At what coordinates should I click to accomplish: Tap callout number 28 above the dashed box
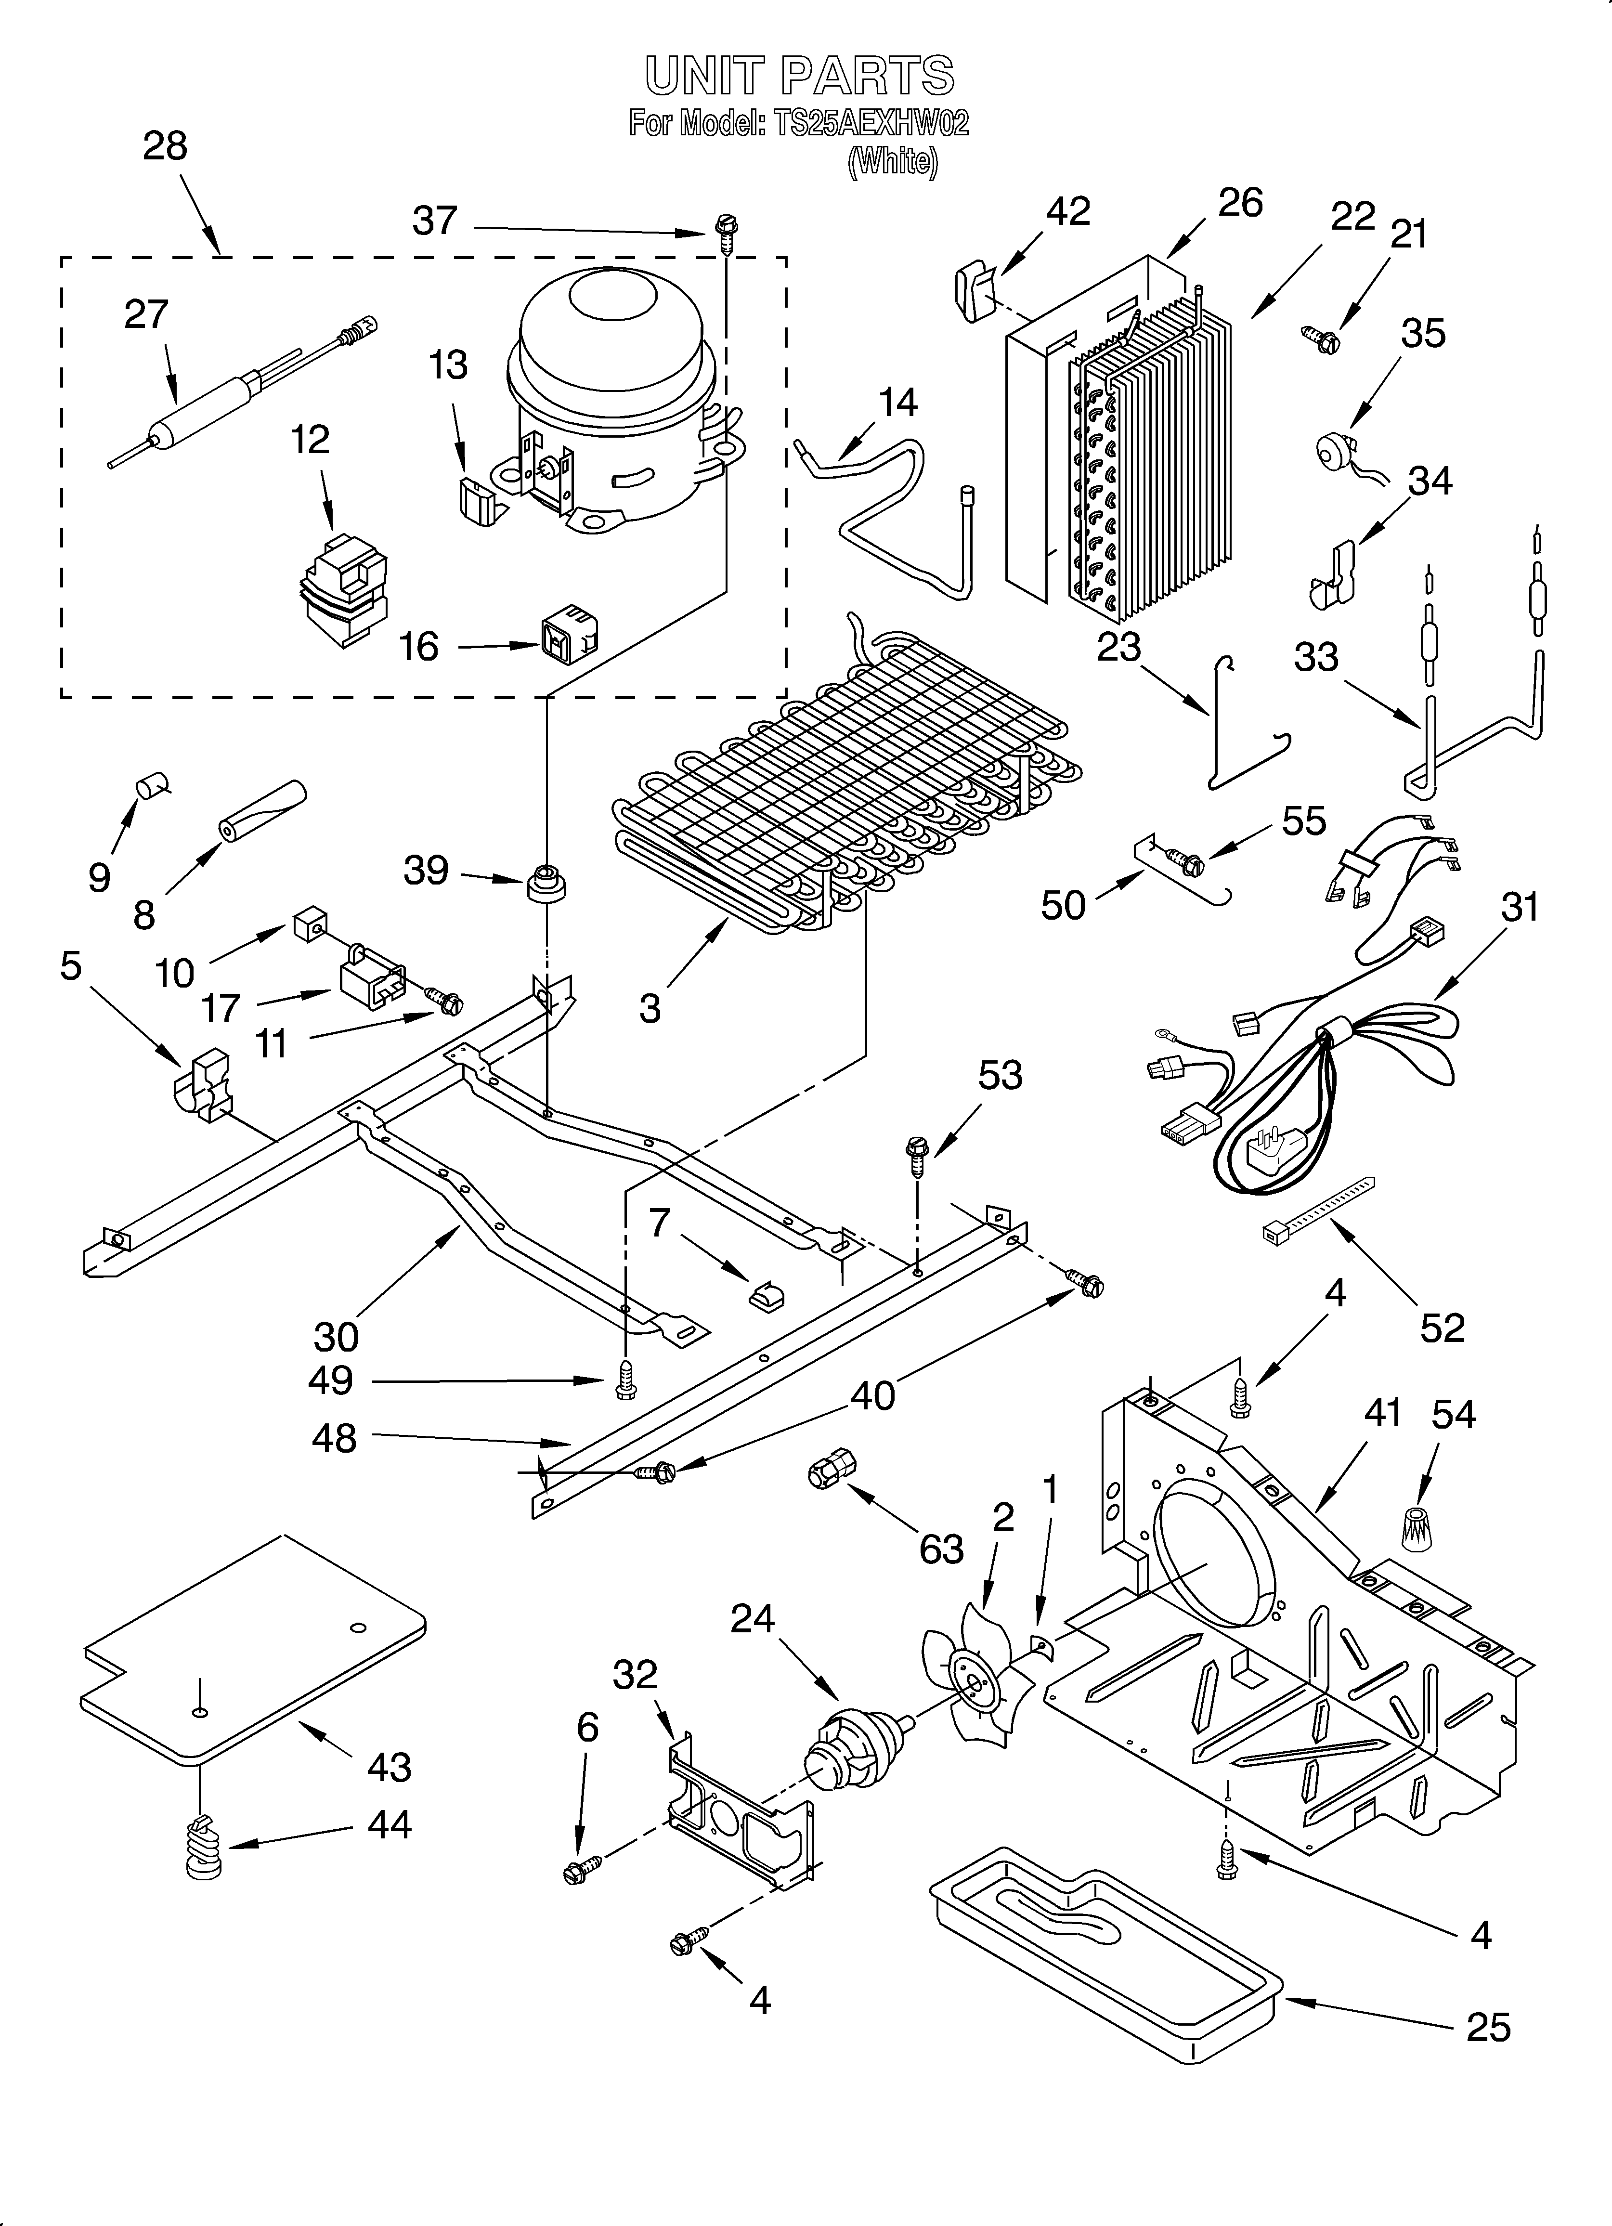165,146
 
